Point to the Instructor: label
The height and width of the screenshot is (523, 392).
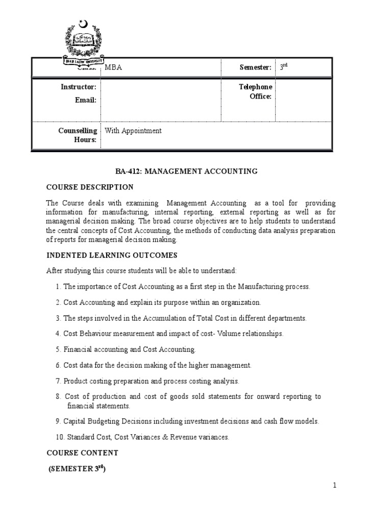[82, 87]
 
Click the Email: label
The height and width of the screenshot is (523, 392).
[86, 100]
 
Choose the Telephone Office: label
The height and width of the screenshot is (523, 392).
[256, 92]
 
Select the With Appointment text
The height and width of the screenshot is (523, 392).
[133, 131]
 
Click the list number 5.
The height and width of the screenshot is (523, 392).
[58, 350]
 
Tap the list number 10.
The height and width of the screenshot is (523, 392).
[59, 437]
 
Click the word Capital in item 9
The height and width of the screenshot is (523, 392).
[75, 421]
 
